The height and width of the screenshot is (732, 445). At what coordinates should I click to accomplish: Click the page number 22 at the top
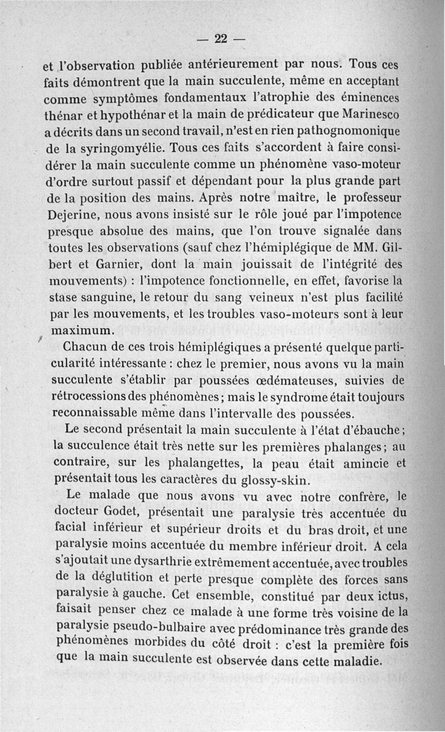[221, 38]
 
